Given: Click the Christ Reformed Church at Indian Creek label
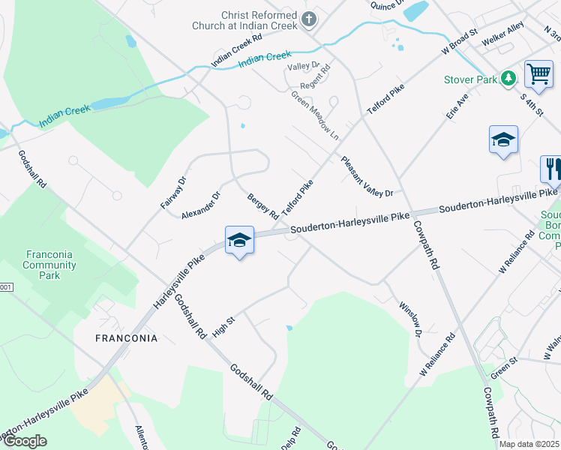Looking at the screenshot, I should coord(259,20).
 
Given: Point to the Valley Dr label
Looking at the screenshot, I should coord(304,67).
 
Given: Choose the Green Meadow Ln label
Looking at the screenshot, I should coord(316,114).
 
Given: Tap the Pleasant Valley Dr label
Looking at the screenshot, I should coord(367,177).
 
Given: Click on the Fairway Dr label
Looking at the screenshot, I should coord(172,193).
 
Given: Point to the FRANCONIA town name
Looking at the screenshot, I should coord(127,338).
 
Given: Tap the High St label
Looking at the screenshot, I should coord(224,326).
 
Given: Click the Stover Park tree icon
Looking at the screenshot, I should coord(508,77).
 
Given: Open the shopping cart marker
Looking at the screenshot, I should coord(538,74).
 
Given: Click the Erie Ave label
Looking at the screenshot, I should coord(457,107).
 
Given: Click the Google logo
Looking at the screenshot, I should coord(25,441).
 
